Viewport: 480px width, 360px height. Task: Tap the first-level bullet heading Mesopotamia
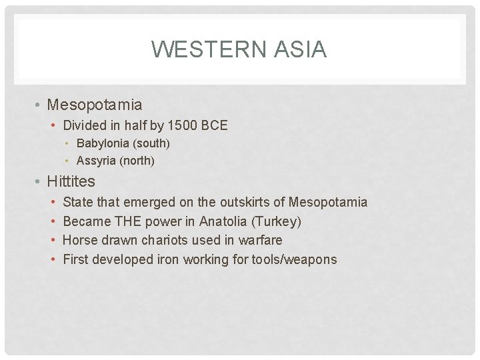(95, 105)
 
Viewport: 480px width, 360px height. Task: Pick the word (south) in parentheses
(154, 143)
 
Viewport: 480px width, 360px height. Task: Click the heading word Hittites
(71, 181)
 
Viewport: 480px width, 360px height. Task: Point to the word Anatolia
(223, 221)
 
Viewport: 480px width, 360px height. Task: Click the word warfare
(261, 240)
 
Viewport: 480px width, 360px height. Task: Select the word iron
(169, 259)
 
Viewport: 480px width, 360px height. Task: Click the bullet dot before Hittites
(39, 181)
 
